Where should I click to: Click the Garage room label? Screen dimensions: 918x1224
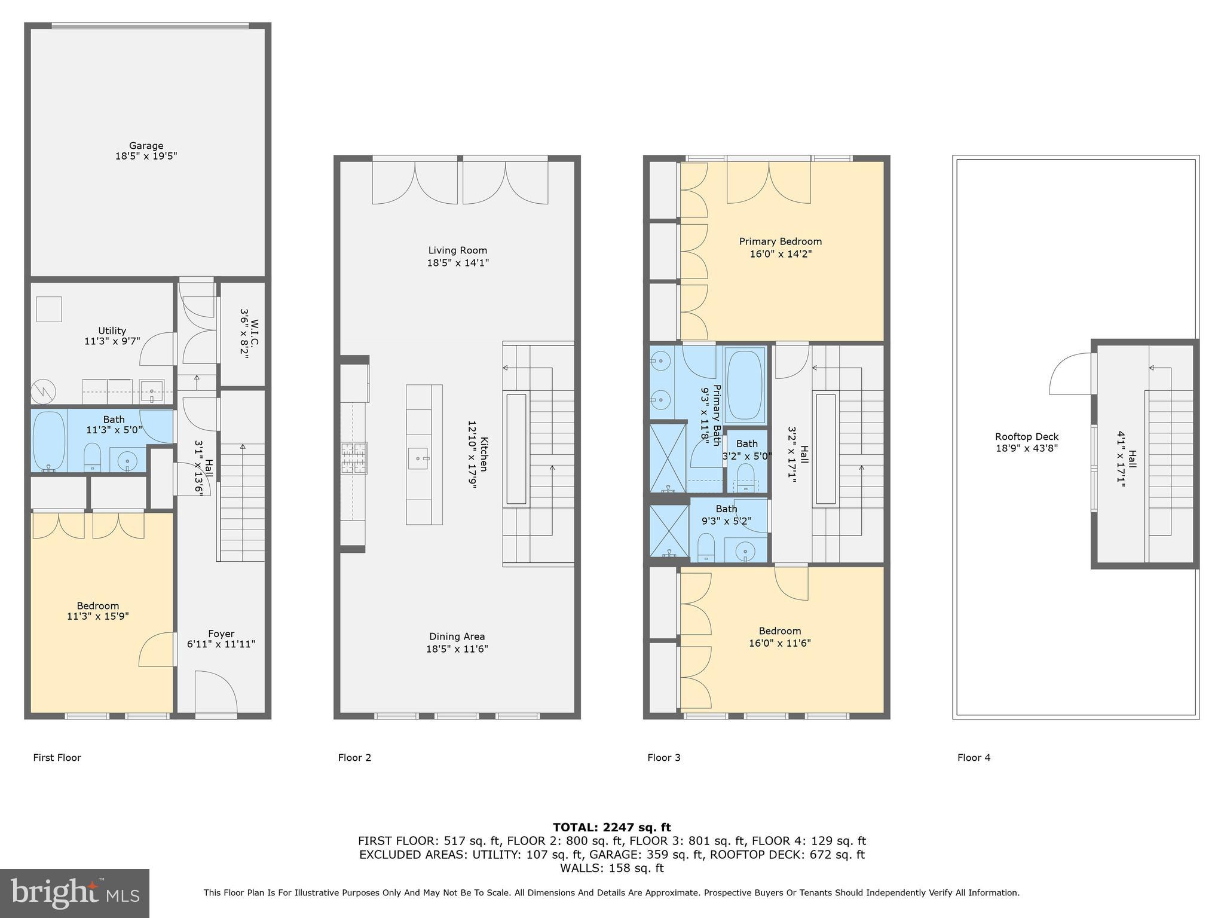click(x=146, y=145)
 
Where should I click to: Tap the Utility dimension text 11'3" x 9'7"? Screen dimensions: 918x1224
click(x=112, y=341)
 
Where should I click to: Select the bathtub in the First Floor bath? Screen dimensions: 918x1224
click(x=49, y=440)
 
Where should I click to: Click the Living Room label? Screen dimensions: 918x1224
click(x=457, y=250)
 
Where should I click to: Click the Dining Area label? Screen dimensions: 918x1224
click(x=457, y=637)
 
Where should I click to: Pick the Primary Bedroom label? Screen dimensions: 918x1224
click(x=780, y=241)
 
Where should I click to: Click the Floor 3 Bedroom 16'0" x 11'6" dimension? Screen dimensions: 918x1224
click(x=779, y=643)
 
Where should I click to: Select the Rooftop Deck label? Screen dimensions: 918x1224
click(x=1026, y=437)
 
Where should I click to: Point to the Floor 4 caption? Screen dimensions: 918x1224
click(x=974, y=757)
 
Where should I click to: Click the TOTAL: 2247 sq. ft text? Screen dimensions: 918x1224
click(x=611, y=827)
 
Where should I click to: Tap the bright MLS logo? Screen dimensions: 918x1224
click(x=74, y=893)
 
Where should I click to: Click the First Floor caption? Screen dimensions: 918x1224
click(x=57, y=757)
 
